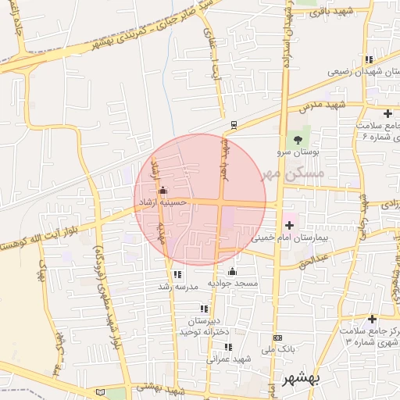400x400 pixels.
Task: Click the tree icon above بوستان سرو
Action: tap(298, 138)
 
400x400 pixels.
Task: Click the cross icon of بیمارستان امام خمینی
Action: tap(289, 225)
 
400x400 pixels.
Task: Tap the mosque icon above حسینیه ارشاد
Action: tap(162, 190)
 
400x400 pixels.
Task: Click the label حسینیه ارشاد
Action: tap(162, 202)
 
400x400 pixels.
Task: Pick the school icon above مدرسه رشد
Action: tap(178, 274)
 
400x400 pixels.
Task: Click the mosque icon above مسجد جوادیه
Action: tap(231, 271)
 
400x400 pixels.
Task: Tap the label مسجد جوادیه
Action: tap(232, 282)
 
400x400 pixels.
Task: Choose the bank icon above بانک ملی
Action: tap(277, 337)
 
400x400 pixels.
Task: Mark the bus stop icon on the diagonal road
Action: tap(234, 124)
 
